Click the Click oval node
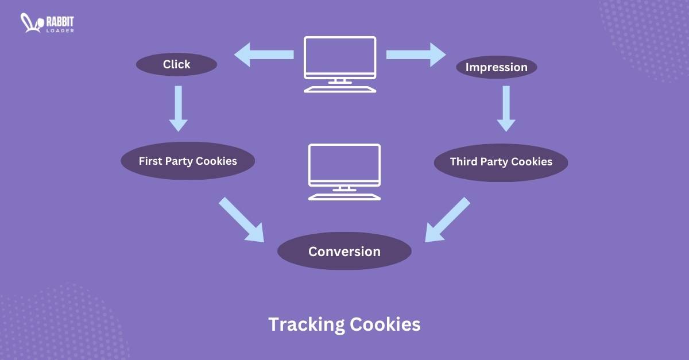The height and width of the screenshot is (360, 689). pos(176,64)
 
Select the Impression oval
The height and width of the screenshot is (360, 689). pos(496,67)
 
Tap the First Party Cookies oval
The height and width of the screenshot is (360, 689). pos(188,161)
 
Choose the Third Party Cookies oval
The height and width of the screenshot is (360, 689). pos(501,162)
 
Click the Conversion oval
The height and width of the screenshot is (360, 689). pos(344,251)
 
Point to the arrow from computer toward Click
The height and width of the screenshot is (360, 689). pos(264,55)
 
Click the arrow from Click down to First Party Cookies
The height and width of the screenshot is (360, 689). pos(178,109)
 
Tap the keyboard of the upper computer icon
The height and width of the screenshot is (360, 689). pos(340,90)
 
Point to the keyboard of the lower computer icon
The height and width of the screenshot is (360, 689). pos(344,197)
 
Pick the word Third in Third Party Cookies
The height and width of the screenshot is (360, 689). pos(463,162)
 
